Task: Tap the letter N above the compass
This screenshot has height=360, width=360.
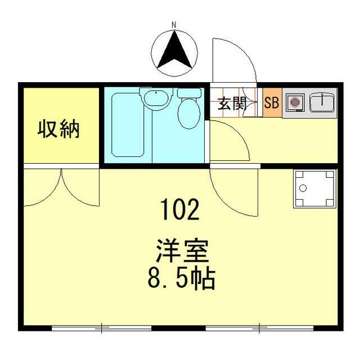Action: click(174, 24)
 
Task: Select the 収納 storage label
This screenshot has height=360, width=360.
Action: click(59, 129)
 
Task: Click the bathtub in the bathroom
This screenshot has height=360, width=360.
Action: click(129, 124)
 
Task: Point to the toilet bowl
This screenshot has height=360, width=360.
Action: click(189, 112)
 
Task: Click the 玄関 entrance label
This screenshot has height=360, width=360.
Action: click(232, 103)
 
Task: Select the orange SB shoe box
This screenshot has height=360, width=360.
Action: click(272, 103)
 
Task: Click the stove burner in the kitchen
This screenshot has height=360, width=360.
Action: click(294, 103)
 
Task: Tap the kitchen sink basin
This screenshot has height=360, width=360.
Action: click(321, 102)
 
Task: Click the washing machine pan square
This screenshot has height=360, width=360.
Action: click(313, 188)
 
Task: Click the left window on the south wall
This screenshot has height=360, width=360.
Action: click(101, 327)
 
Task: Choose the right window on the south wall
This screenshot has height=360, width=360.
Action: click(259, 327)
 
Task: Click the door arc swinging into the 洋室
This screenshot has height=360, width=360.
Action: click(233, 191)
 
